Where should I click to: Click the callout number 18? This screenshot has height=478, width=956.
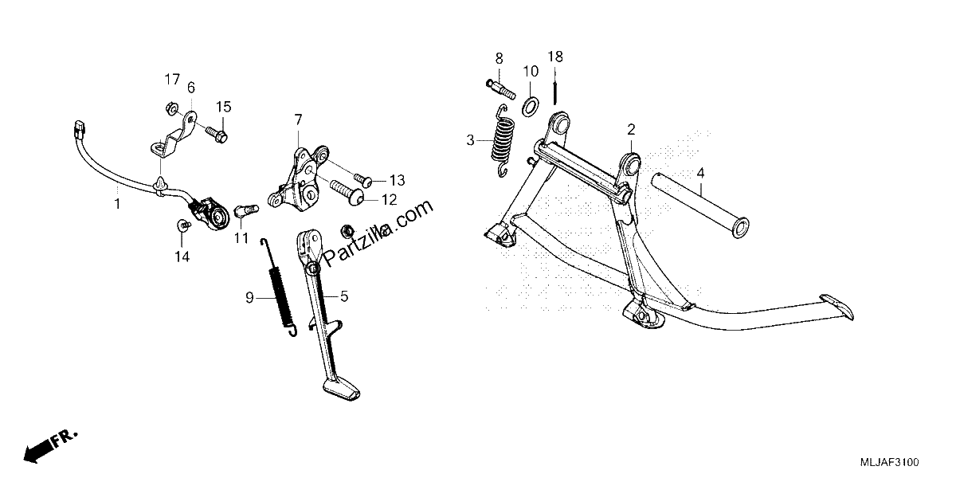tap(555, 57)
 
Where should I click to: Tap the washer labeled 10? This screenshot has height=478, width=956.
tap(531, 107)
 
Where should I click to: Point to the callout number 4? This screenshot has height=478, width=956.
tap(700, 174)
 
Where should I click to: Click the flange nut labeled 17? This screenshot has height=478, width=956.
tap(171, 108)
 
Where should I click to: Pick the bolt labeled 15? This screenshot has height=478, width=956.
tap(216, 134)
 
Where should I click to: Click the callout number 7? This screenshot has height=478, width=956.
tap(298, 119)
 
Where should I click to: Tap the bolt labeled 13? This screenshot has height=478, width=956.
tap(363, 181)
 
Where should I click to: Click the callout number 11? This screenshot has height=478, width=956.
tap(241, 238)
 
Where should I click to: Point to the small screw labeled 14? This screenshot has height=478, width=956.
tap(183, 225)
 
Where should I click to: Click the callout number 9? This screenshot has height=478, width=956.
tap(249, 297)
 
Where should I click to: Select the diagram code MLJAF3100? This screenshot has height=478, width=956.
tap(889, 462)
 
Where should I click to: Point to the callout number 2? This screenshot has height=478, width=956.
tap(631, 129)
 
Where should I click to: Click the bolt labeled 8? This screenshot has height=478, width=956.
tap(500, 88)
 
